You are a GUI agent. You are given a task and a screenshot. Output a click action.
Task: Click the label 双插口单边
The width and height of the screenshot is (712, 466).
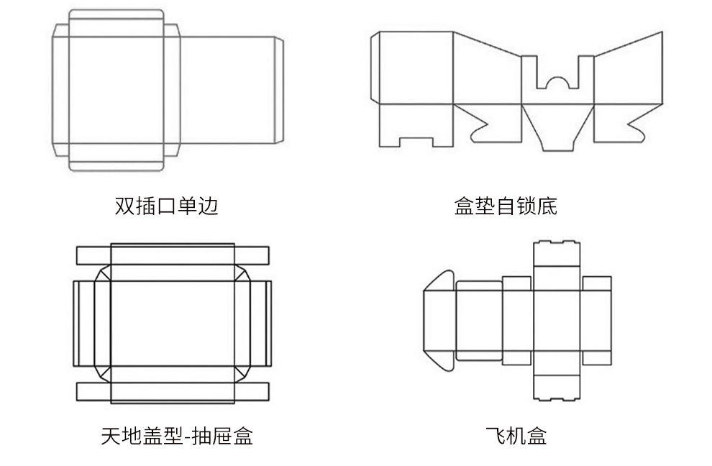(x=166, y=206)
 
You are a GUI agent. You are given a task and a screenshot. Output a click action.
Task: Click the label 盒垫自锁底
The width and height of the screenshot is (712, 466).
(x=506, y=206)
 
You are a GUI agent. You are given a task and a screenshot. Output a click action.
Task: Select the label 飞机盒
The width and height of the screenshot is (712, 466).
(x=516, y=435)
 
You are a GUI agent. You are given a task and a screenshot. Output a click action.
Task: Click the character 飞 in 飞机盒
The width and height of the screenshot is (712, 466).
(x=495, y=435)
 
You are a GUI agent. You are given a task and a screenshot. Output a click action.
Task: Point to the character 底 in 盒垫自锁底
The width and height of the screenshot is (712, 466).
(x=547, y=206)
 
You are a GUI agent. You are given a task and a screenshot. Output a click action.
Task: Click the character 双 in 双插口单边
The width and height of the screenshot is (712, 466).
(x=124, y=206)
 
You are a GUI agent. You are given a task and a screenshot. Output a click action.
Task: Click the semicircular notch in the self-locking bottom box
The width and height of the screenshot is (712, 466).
(x=557, y=83)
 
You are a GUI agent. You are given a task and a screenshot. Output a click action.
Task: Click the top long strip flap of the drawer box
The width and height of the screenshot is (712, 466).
(x=172, y=255)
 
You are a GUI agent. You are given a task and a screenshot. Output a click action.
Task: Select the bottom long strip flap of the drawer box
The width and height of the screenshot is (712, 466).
(x=172, y=392)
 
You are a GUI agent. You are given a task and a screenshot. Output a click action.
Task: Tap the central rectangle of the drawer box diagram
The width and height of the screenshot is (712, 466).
(x=172, y=324)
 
